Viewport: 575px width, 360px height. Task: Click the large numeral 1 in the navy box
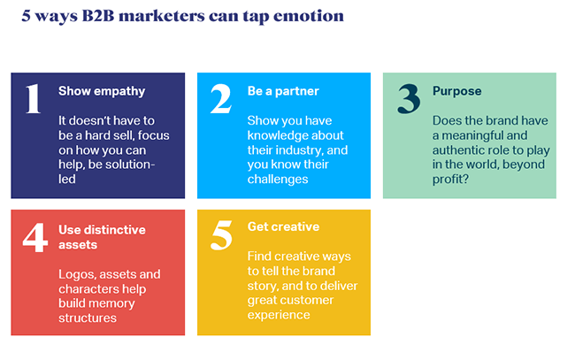[34, 98]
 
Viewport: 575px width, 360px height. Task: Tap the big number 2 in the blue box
[221, 98]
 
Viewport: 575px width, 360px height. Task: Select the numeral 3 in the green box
[409, 98]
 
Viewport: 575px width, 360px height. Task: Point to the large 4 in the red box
[35, 238]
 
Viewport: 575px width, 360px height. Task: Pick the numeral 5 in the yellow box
[221, 235]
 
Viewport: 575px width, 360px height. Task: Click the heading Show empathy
[102, 92]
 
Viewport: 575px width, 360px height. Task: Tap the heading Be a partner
[283, 92]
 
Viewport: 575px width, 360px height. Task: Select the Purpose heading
[457, 92]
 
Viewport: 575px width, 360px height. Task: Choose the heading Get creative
[283, 226]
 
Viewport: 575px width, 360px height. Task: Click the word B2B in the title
[98, 16]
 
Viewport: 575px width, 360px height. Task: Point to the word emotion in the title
[309, 16]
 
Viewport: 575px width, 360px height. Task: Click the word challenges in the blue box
[278, 180]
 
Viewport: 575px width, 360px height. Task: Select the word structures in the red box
[88, 318]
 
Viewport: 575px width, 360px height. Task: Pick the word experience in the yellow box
[279, 315]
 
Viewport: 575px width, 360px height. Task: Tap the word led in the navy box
[67, 180]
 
